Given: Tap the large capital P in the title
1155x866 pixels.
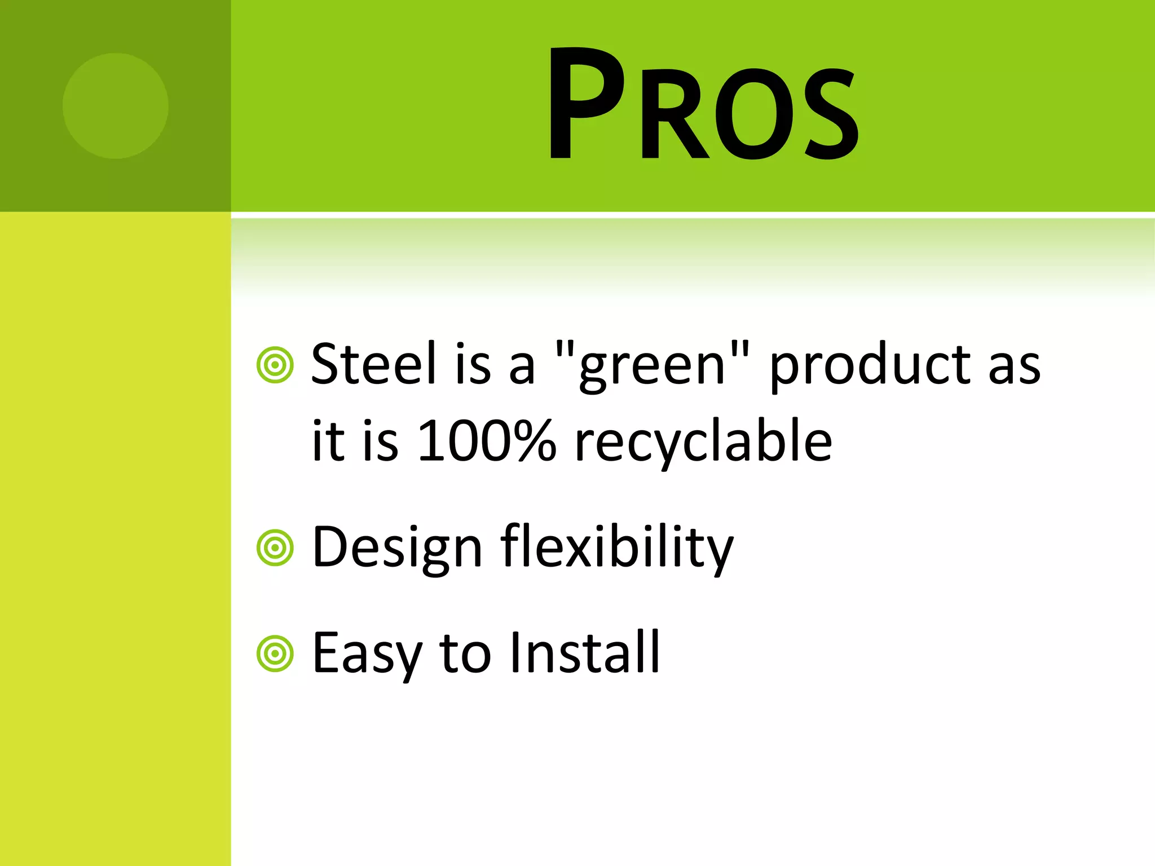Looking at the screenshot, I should [x=587, y=104].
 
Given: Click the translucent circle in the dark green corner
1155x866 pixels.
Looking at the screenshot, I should [x=116, y=106].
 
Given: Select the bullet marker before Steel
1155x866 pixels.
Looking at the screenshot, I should [x=275, y=365].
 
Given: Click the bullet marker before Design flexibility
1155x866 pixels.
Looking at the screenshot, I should [x=275, y=547].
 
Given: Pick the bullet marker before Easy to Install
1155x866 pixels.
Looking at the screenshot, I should [x=275, y=654].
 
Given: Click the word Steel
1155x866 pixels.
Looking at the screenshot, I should [x=374, y=364].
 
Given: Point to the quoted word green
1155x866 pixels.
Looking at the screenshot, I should [x=652, y=366].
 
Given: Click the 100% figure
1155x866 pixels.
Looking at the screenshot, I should [x=487, y=441].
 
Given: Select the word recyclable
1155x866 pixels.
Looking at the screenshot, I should [x=703, y=443].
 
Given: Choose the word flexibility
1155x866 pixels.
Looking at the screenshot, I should [x=617, y=548].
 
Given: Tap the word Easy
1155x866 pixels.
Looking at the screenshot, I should [x=367, y=654].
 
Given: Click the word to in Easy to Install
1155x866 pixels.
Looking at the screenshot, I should [x=465, y=654].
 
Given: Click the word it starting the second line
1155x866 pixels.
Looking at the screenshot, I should [x=328, y=441].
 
